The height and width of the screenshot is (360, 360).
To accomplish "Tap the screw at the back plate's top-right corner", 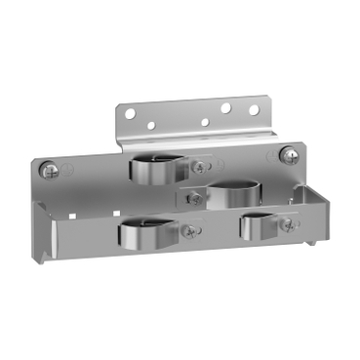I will [x=289, y=153].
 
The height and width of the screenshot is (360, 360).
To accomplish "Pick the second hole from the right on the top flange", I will [x=224, y=109].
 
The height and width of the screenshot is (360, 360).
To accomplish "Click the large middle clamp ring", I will [x=232, y=192].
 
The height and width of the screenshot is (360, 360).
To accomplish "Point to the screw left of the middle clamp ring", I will [x=194, y=199].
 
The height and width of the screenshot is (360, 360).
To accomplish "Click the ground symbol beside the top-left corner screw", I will [x=68, y=167].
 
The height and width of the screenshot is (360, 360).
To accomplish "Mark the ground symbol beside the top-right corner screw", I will [x=274, y=155].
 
